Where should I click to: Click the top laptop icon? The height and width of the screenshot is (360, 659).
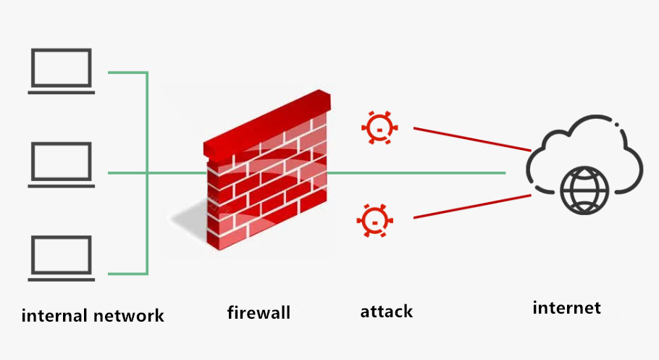click(62, 70)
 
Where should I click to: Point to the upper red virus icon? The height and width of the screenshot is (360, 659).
click(379, 128)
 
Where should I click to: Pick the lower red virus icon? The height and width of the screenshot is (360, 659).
click(374, 220)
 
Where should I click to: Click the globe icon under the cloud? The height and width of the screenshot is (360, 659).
click(584, 190)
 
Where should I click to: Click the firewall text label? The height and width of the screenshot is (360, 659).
click(259, 312)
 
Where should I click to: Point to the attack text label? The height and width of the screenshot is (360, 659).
click(386, 311)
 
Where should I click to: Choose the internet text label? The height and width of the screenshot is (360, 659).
click(566, 307)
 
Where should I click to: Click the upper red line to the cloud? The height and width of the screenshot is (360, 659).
click(471, 138)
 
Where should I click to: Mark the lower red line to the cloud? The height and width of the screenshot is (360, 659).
click(471, 206)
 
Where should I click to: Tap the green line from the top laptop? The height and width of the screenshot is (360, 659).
click(127, 72)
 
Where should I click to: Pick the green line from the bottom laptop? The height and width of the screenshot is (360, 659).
click(127, 274)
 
